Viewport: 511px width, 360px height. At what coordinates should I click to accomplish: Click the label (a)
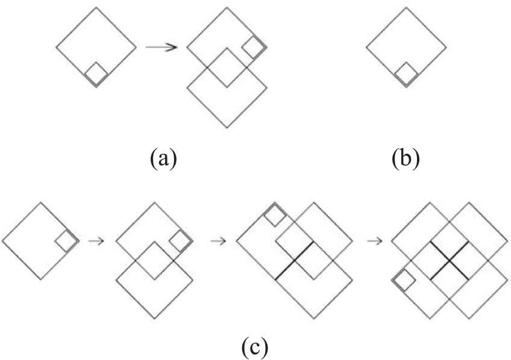(x=163, y=159)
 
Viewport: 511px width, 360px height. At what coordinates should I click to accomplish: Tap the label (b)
(x=406, y=159)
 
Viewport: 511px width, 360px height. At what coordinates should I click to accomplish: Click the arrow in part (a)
(x=161, y=47)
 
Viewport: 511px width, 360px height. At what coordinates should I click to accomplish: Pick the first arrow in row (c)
(x=96, y=241)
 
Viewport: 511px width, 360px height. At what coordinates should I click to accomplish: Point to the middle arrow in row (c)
(x=219, y=241)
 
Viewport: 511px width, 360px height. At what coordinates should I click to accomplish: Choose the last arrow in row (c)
(x=375, y=241)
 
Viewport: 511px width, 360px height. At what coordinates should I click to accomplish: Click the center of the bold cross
(x=450, y=261)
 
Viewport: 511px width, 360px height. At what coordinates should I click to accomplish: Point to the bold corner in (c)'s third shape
(x=295, y=261)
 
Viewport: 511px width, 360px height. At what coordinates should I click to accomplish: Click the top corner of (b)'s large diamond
(x=406, y=7)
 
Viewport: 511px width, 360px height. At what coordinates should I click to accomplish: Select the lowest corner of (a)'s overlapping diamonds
(x=227, y=127)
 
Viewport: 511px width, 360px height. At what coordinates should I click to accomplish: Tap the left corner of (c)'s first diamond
(x=2, y=241)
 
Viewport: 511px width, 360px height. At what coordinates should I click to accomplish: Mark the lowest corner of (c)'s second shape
(x=155, y=318)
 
